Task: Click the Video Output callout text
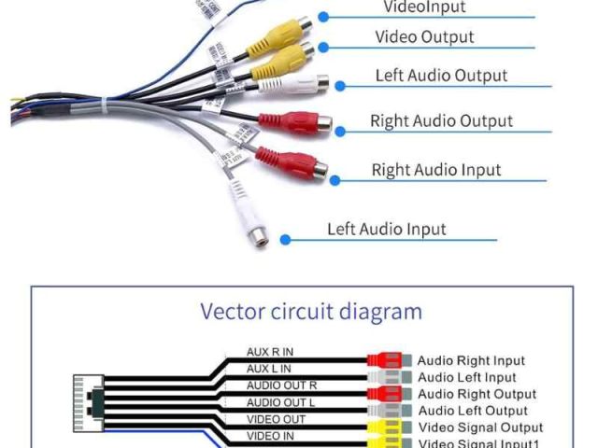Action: click(x=424, y=37)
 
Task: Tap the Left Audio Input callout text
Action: click(x=386, y=229)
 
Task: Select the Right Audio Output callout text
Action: click(x=441, y=121)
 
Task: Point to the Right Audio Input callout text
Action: click(x=436, y=170)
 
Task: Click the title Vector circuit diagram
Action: click(x=311, y=311)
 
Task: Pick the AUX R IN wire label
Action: click(x=270, y=352)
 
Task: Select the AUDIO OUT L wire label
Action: click(x=281, y=402)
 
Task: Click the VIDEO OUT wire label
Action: click(x=276, y=419)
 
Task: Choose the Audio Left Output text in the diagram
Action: click(x=472, y=411)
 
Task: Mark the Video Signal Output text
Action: click(x=479, y=427)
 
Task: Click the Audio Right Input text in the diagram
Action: click(x=471, y=360)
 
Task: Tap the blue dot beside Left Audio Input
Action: click(x=285, y=240)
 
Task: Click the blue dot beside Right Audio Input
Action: click(x=337, y=179)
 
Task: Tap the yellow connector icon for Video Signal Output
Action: click(x=384, y=427)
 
